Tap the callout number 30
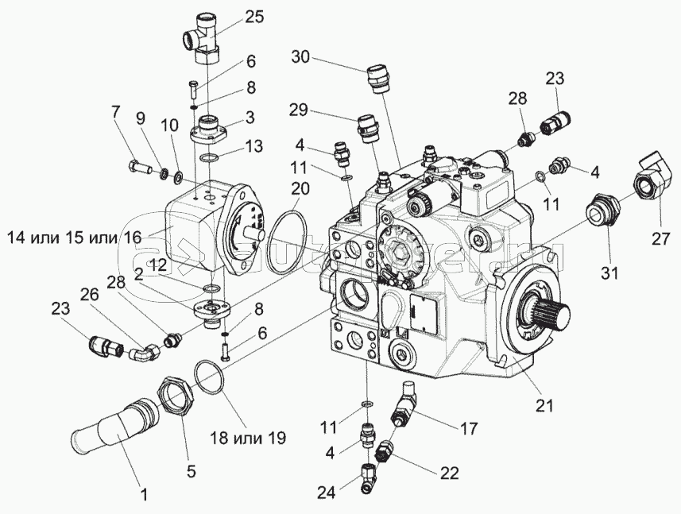click(x=301, y=58)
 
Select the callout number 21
click(x=544, y=406)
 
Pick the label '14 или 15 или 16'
click(x=75, y=237)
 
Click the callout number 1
click(x=144, y=496)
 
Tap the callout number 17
click(x=468, y=428)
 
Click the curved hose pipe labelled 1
click(x=103, y=429)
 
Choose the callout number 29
click(x=298, y=110)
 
